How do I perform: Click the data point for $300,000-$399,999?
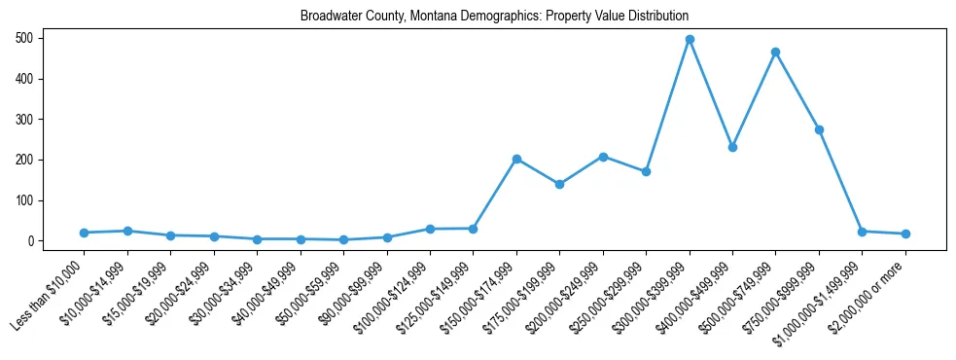click(x=690, y=40)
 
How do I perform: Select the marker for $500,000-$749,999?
click(x=775, y=52)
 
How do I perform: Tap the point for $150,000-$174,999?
click(x=516, y=159)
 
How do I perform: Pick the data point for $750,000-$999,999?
click(x=819, y=129)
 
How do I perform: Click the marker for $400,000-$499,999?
click(x=732, y=147)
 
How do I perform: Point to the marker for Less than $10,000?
click(x=85, y=233)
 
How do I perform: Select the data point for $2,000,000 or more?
click(x=905, y=234)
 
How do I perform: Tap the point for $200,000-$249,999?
click(x=603, y=157)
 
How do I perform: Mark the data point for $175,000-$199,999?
click(x=559, y=184)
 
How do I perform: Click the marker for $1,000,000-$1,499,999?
click(x=862, y=232)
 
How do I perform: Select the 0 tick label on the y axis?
click(x=33, y=241)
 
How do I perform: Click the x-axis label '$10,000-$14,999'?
click(x=94, y=293)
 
